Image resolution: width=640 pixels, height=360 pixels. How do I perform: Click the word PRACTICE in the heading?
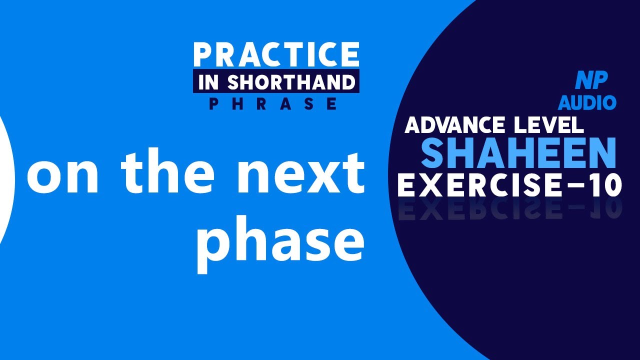(276, 54)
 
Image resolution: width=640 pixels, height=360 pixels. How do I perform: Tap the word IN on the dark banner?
(209, 82)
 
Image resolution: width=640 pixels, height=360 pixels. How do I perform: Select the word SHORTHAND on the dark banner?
(291, 82)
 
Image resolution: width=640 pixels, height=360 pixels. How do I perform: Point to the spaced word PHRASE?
(273, 103)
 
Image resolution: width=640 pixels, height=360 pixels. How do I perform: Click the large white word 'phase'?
(280, 242)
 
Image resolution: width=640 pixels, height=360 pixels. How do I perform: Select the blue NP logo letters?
(591, 80)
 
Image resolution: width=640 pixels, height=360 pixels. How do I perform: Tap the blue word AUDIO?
(587, 102)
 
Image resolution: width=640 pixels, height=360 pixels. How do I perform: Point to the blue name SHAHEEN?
(518, 153)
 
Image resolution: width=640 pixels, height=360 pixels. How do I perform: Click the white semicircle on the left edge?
(6, 180)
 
